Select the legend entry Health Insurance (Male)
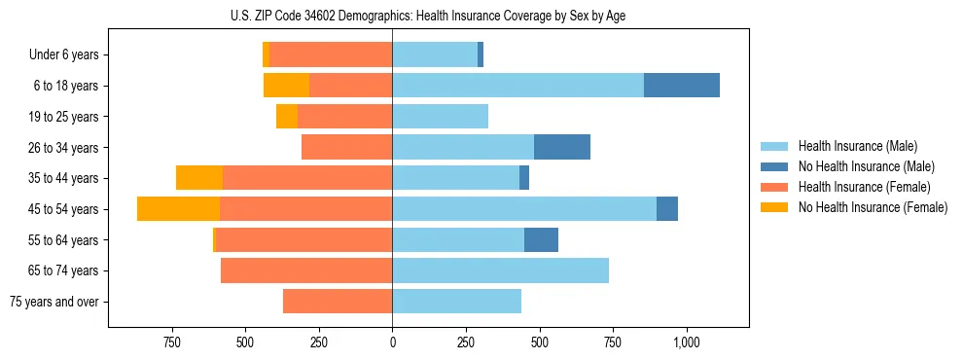coord(857,146)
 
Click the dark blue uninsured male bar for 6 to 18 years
coord(681,86)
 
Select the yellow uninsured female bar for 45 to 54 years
coord(178,209)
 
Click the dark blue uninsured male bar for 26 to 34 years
coord(561,147)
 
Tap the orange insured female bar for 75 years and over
coord(338,302)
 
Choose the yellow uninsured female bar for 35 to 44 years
coord(199,178)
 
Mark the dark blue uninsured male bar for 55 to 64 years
coord(541,239)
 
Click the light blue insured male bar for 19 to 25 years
coord(440,117)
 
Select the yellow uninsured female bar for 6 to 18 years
coord(286,86)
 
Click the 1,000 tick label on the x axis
coord(687,342)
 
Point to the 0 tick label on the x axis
coord(392,342)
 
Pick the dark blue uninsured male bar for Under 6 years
coord(481,54)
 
